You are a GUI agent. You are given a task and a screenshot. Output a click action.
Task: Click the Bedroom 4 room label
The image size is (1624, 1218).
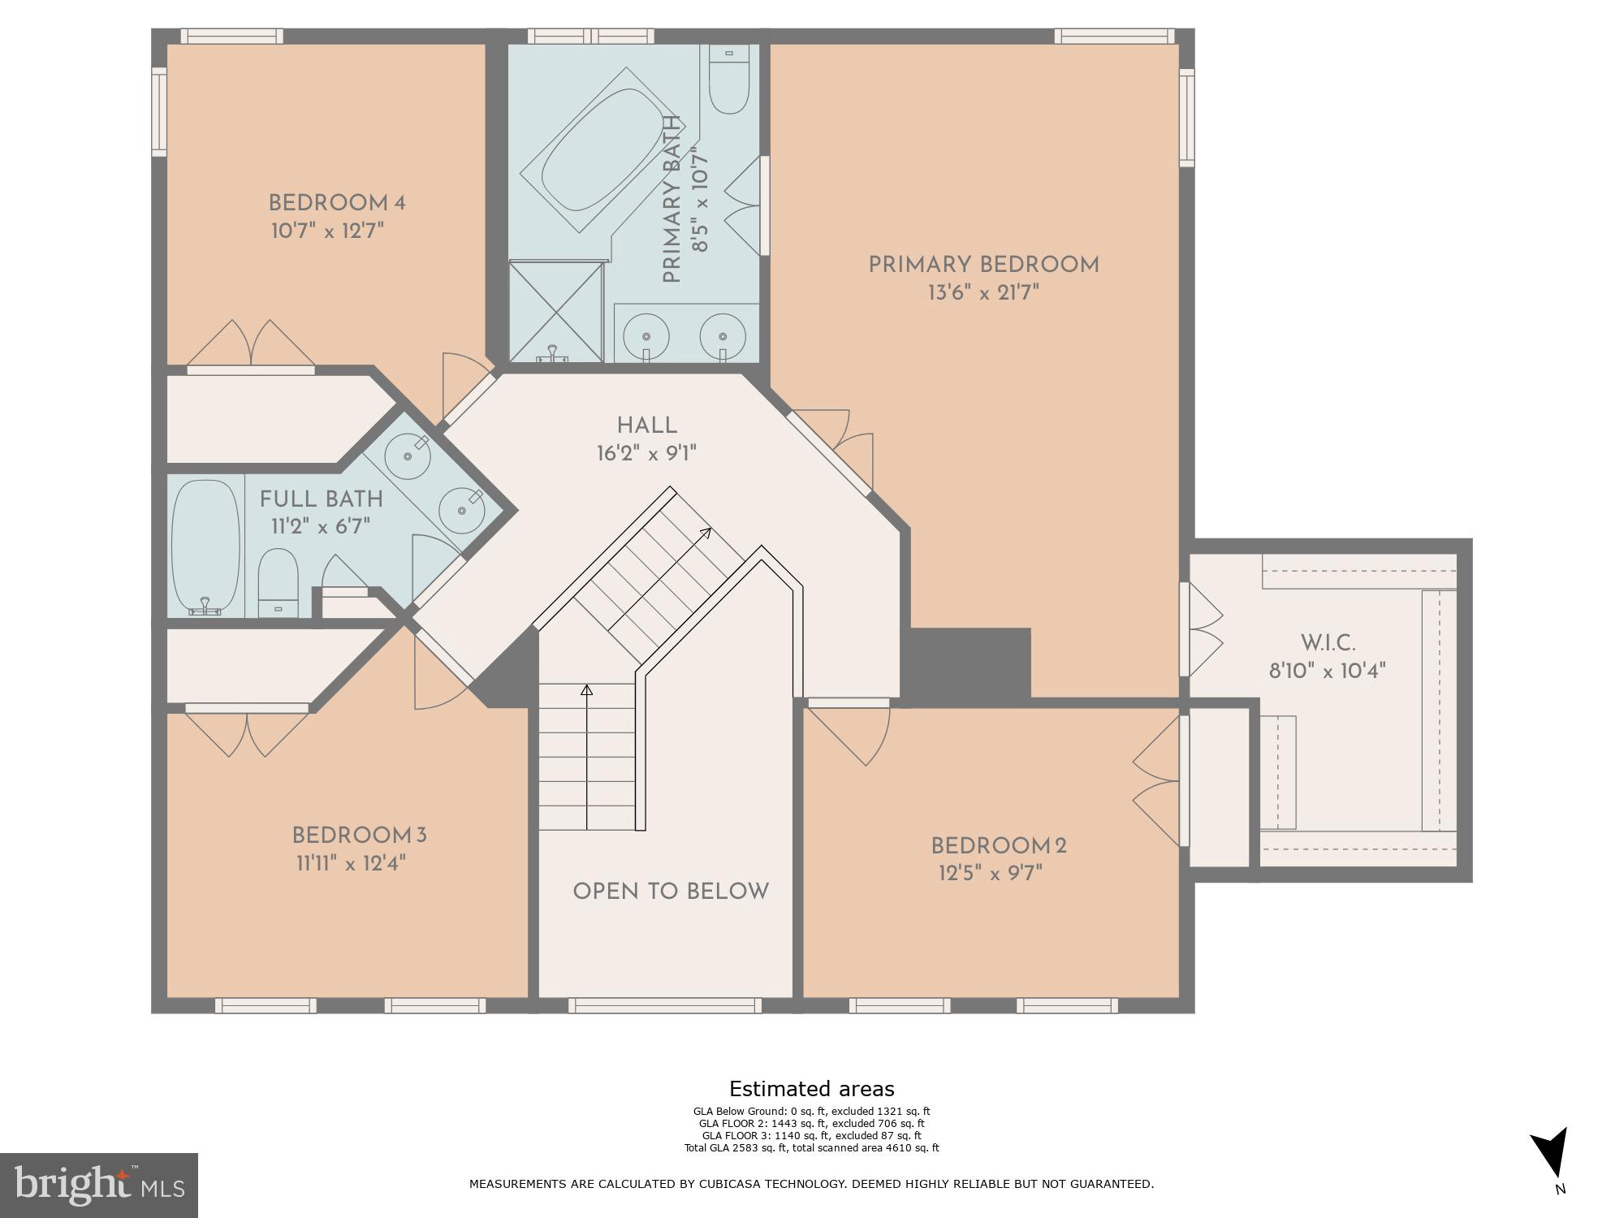click(x=337, y=203)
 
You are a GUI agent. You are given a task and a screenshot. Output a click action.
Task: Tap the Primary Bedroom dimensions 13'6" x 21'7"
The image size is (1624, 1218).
click(x=983, y=293)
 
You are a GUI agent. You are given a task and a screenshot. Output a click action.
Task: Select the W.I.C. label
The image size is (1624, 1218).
click(x=1328, y=644)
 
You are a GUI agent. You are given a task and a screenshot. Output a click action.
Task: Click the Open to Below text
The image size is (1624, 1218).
click(x=671, y=892)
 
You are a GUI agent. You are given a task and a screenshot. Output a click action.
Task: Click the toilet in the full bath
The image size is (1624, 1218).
click(x=278, y=581)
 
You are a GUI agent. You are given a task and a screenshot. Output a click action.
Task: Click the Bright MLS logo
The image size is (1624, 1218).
click(x=98, y=1186)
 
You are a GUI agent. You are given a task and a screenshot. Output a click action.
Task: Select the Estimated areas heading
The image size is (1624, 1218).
click(x=811, y=1089)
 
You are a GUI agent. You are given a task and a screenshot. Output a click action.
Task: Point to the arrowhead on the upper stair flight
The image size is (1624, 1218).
click(x=706, y=533)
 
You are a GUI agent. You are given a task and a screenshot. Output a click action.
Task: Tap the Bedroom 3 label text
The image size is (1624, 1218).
click(x=359, y=836)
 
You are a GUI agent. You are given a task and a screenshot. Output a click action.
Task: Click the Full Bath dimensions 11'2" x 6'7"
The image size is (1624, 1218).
click(x=321, y=526)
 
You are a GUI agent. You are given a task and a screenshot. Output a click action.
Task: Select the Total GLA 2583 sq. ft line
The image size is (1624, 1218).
click(x=811, y=1147)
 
